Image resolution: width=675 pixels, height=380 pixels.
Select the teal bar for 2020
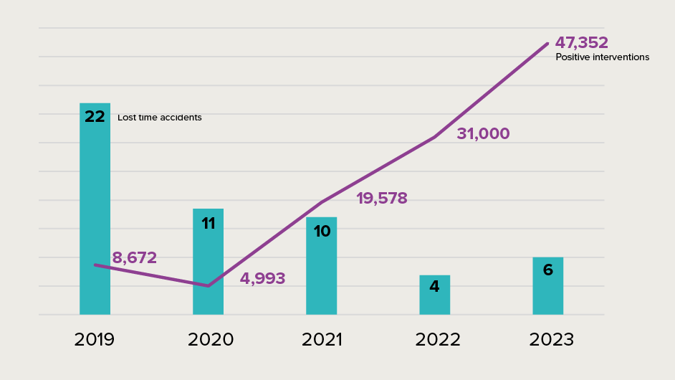tap(208, 265)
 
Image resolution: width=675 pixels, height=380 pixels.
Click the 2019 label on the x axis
tap(95, 340)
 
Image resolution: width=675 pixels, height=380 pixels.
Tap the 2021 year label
tap(322, 340)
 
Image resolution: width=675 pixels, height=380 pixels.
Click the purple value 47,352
tap(581, 43)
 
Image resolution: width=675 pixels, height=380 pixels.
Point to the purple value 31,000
tap(483, 133)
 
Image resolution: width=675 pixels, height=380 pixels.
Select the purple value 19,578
tap(382, 199)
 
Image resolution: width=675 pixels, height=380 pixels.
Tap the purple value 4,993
tap(262, 278)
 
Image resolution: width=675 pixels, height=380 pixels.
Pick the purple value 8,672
tap(134, 258)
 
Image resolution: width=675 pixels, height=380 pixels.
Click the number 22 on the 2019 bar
tap(95, 117)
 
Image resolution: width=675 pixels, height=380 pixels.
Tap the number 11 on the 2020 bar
tap(209, 224)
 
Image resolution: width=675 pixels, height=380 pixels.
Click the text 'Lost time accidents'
tap(160, 118)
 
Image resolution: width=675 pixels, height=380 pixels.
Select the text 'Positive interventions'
tap(603, 57)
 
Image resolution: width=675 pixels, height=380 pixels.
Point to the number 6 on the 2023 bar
tap(548, 270)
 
